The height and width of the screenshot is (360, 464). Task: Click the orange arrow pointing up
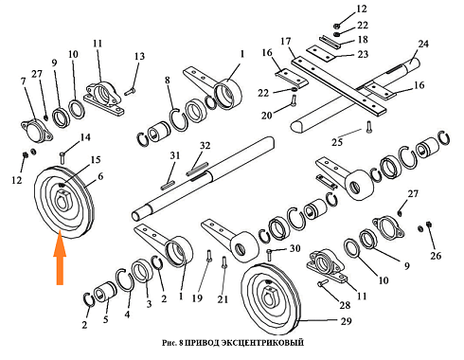60,261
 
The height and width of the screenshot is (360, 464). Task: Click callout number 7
23,81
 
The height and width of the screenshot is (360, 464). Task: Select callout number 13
139,56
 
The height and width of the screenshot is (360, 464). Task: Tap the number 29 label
346,321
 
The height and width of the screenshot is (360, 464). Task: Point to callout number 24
423,44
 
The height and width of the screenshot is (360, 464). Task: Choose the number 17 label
285,41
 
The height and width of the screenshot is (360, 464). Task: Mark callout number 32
205,145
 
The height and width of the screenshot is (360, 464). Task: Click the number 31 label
174,155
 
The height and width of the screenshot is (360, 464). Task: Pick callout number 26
436,256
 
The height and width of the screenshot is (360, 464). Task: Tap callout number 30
295,248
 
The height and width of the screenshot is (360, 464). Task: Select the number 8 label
167,81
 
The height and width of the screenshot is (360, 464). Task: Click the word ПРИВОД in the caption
200,343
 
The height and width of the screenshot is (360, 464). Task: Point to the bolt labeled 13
130,92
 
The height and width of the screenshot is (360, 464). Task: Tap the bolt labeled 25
369,127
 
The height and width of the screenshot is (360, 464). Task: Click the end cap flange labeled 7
36,131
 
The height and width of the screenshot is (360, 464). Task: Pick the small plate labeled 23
321,54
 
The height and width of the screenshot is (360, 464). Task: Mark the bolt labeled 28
323,282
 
